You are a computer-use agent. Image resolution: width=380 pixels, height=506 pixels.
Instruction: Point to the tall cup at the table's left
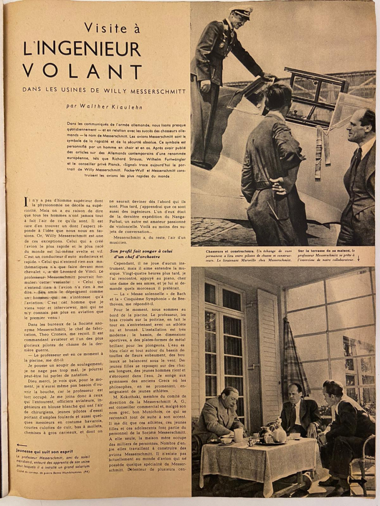[x=239, y=435]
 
